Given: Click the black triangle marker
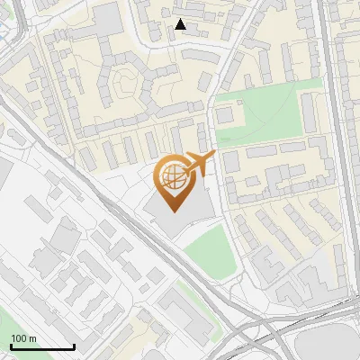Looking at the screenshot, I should (x=181, y=25).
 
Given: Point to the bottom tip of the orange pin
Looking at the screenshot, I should (x=173, y=211).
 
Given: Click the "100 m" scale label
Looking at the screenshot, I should (x=24, y=338).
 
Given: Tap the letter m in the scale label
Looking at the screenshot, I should (x=32, y=338).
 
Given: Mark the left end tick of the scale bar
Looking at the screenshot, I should (x=11, y=346).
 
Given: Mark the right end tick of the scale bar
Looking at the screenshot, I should (x=74, y=346).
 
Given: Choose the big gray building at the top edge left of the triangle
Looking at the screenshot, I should (x=108, y=18).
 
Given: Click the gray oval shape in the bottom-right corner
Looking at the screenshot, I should (x=324, y=346).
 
